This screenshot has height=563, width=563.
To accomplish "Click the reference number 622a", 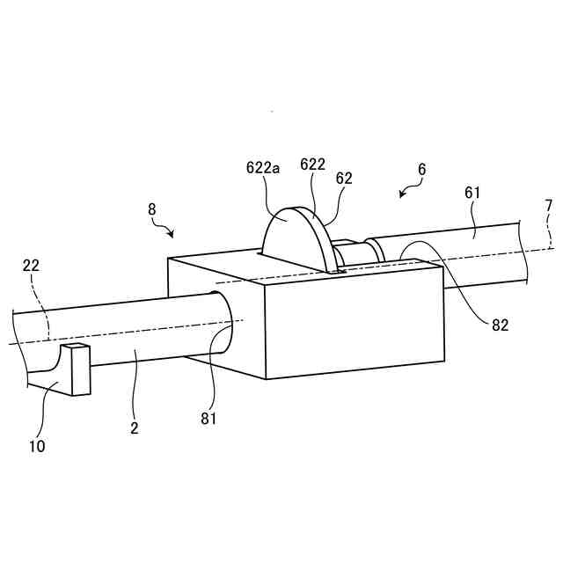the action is click(264, 168).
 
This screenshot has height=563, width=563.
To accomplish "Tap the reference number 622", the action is click(313, 165).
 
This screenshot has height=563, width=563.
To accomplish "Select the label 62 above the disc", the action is click(343, 178).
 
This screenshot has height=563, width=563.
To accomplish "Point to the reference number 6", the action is click(421, 167).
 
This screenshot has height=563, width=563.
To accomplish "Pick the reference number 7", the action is click(549, 206).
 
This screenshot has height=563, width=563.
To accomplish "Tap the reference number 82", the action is click(499, 325).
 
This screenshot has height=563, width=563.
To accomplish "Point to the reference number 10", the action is click(36, 446).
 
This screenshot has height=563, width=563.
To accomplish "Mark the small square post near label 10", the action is click(78, 369).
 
